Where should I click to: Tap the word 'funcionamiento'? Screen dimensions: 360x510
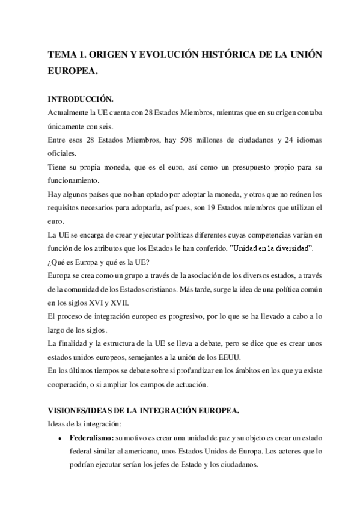pyautogui.click(x=76, y=180)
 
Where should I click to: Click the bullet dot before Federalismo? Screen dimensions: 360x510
pyautogui.click(x=62, y=438)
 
